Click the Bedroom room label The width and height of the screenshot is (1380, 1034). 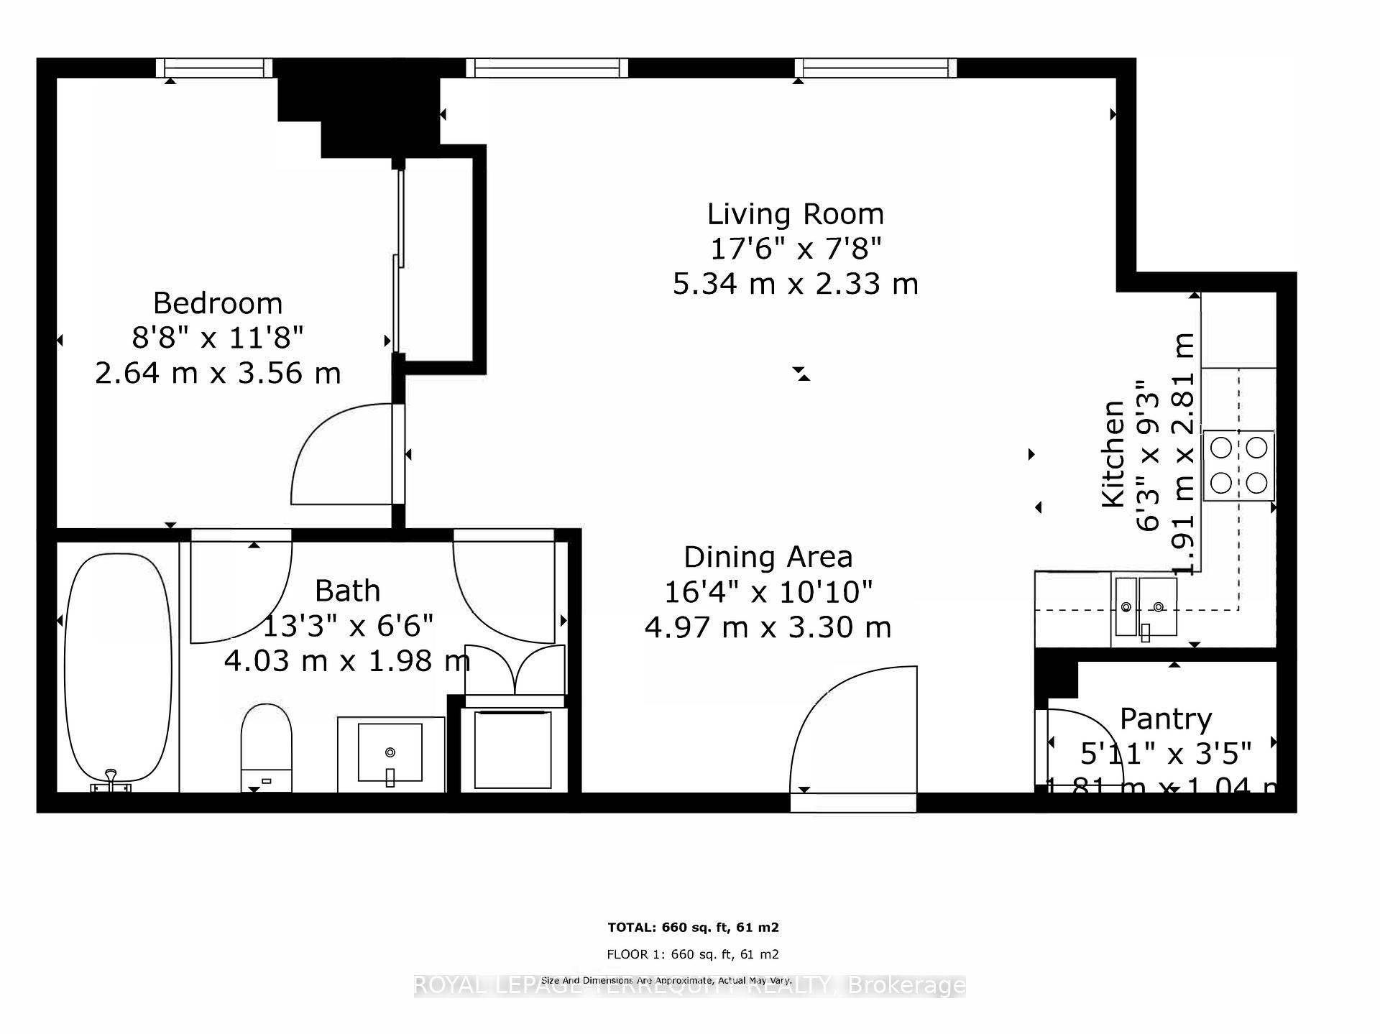pyautogui.click(x=218, y=303)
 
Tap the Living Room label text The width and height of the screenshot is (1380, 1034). pyautogui.click(x=795, y=214)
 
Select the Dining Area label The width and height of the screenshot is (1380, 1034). pyautogui.click(x=768, y=557)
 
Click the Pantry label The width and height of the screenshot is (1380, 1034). pyautogui.click(x=1165, y=718)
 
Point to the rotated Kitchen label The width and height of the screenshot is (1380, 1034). pyautogui.click(x=1113, y=454)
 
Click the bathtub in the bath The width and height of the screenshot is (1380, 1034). pyautogui.click(x=119, y=668)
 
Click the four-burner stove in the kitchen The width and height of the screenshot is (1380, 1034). pyautogui.click(x=1238, y=466)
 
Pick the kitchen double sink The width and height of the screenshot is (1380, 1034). pyautogui.click(x=1146, y=607)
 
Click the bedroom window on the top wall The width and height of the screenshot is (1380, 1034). pyautogui.click(x=214, y=68)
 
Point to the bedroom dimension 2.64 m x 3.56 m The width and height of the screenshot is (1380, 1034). pyautogui.click(x=218, y=373)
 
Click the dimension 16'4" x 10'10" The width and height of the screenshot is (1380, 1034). pyautogui.click(x=768, y=592)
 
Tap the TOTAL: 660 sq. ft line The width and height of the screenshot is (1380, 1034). pyautogui.click(x=693, y=928)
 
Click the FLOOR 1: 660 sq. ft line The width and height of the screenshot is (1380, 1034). pyautogui.click(x=693, y=954)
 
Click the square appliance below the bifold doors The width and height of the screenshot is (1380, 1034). pyautogui.click(x=512, y=749)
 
